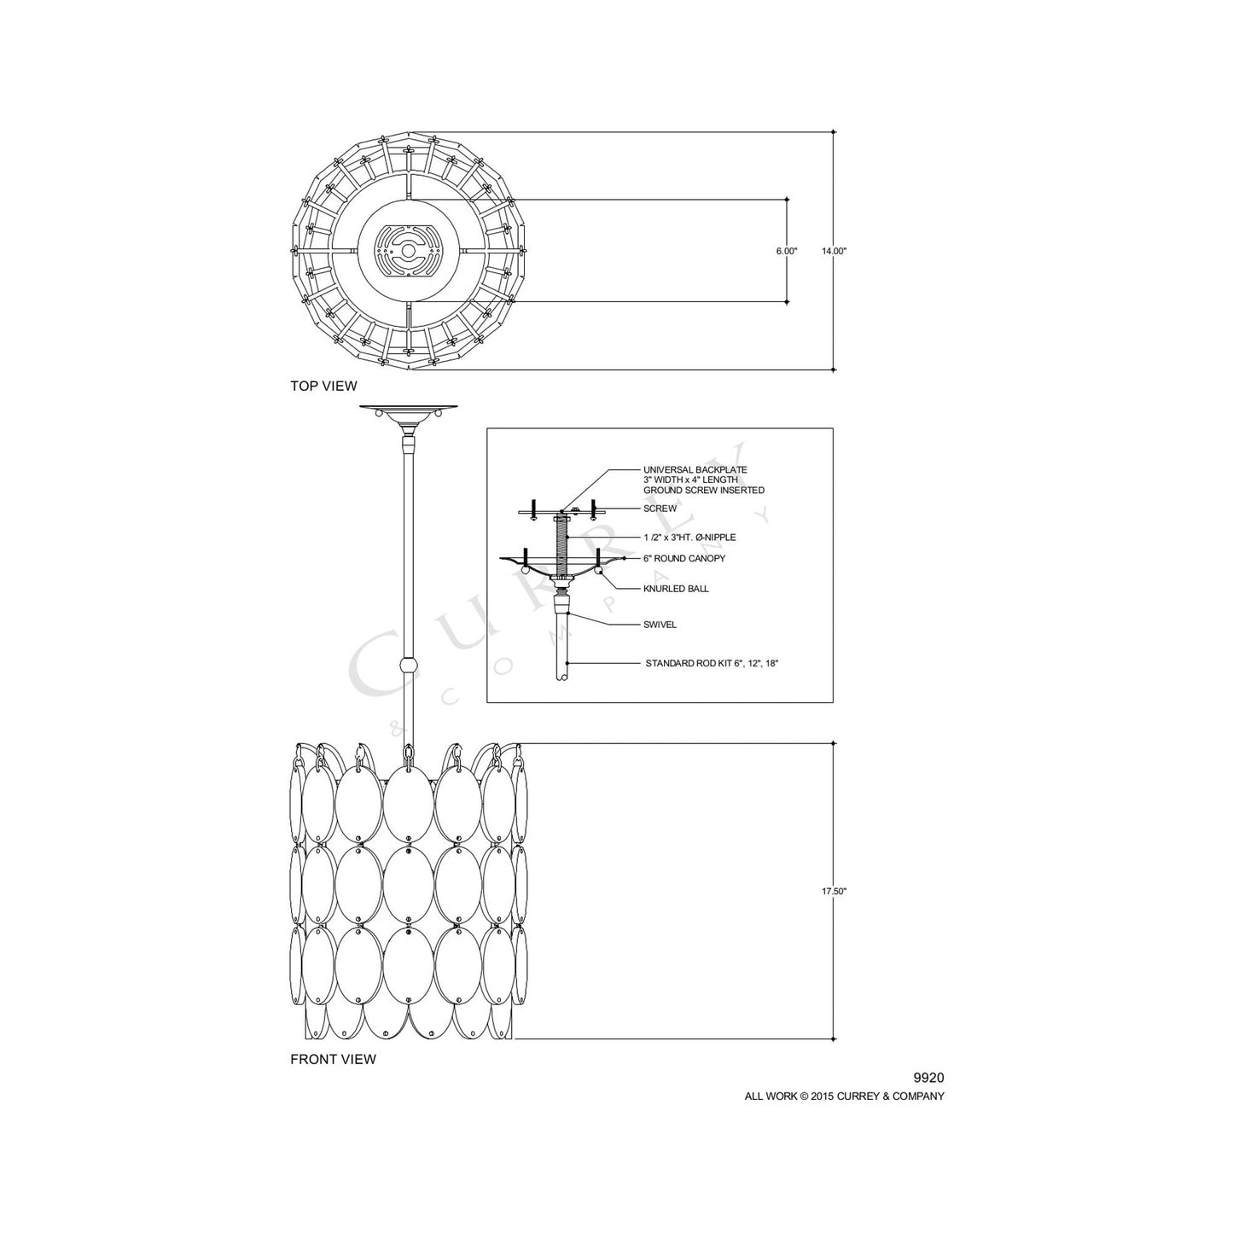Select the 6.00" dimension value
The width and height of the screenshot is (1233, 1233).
click(786, 251)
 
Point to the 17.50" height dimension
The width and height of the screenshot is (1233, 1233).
click(833, 891)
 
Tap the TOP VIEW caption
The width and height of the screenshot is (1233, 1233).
click(323, 386)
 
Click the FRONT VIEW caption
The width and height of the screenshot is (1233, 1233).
click(333, 1059)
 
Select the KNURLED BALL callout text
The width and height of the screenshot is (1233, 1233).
click(676, 589)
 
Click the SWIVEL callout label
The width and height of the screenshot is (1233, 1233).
click(660, 624)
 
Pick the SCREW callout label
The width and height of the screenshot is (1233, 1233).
click(660, 509)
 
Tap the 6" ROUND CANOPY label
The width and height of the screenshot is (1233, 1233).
click(684, 558)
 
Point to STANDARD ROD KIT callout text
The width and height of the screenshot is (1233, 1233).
click(712, 662)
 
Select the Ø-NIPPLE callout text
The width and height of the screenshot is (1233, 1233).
click(689, 538)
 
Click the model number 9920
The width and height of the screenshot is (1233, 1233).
click(928, 1079)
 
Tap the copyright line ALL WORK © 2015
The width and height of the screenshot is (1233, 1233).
click(844, 1096)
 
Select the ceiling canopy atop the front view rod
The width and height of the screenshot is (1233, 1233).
click(409, 412)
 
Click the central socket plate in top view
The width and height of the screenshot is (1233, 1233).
click(409, 251)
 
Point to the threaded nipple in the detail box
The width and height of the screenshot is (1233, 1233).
click(561, 546)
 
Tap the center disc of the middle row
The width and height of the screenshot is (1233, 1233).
click(409, 887)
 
